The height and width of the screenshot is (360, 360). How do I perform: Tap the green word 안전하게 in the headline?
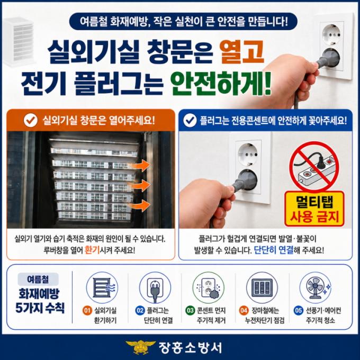click(221, 84)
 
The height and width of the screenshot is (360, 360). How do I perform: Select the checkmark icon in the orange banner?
click(31, 120)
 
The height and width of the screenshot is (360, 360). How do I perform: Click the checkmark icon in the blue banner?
click(190, 120)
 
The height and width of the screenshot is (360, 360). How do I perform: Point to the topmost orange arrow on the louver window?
click(140, 165)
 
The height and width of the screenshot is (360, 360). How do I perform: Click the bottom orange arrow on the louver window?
click(140, 205)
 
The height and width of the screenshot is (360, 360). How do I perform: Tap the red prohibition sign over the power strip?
click(314, 167)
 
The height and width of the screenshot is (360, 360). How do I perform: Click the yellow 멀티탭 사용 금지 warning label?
click(314, 209)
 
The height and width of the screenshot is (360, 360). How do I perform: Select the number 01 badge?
click(87, 311)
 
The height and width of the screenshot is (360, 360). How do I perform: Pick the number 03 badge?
click(190, 311)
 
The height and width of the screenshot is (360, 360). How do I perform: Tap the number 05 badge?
click(298, 311)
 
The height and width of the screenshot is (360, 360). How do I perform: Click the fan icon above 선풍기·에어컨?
click(315, 287)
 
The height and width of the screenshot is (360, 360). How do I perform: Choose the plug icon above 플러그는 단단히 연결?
click(155, 287)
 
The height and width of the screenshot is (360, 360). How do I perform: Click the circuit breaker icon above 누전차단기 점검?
click(262, 287)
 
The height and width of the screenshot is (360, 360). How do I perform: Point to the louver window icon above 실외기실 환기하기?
click(102, 287)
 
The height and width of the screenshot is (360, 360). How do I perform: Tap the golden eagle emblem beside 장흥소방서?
click(140, 347)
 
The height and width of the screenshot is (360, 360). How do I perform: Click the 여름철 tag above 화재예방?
click(38, 279)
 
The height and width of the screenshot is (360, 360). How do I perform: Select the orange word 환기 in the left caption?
click(92, 250)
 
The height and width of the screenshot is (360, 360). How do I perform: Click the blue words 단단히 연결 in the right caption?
click(274, 250)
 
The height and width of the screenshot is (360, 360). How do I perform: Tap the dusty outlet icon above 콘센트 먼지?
click(209, 287)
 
